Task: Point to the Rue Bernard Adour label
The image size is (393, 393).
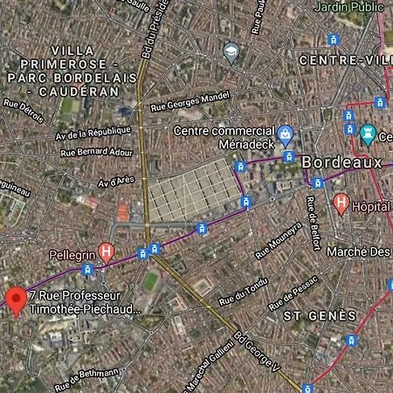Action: [x=97, y=151]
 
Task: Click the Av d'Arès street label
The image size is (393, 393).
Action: [x=116, y=182]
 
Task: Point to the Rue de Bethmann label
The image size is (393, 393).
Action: [x=87, y=377]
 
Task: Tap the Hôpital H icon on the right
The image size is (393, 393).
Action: [x=341, y=204]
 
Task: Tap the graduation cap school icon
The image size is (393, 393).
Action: [x=231, y=52]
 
